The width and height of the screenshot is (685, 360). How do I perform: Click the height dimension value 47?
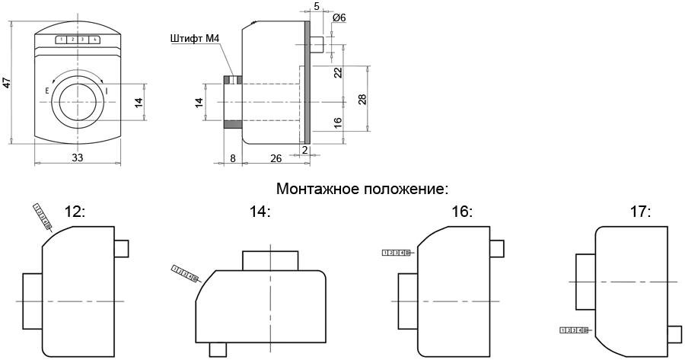pyautogui.click(x=7, y=82)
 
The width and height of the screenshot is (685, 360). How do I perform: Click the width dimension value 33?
pyautogui.click(x=77, y=158)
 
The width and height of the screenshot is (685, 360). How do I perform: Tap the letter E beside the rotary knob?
pyautogui.click(x=47, y=91)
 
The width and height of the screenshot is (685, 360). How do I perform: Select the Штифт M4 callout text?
pyautogui.click(x=196, y=38)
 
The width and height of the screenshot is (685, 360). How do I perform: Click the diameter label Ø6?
pyautogui.click(x=339, y=18)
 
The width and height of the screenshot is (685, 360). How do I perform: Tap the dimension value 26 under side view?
pyautogui.click(x=276, y=158)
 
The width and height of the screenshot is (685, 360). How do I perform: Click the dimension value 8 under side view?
pyautogui.click(x=232, y=158)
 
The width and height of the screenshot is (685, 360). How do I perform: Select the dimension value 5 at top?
pyautogui.click(x=316, y=6)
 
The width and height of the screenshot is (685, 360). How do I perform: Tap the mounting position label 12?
pyautogui.click(x=75, y=212)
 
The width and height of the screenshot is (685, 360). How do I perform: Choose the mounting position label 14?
pyautogui.click(x=260, y=212)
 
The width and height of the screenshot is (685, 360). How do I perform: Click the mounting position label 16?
pyautogui.click(x=462, y=212)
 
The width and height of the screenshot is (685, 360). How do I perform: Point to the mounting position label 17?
pyautogui.click(x=640, y=212)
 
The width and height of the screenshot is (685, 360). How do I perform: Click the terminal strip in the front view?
pyautogui.click(x=77, y=40)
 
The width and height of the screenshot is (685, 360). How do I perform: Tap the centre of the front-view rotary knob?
pyautogui.click(x=77, y=101)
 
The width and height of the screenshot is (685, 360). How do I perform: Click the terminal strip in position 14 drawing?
pyautogui.click(x=185, y=273)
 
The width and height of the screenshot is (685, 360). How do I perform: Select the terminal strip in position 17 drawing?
pyautogui.click(x=575, y=330)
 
